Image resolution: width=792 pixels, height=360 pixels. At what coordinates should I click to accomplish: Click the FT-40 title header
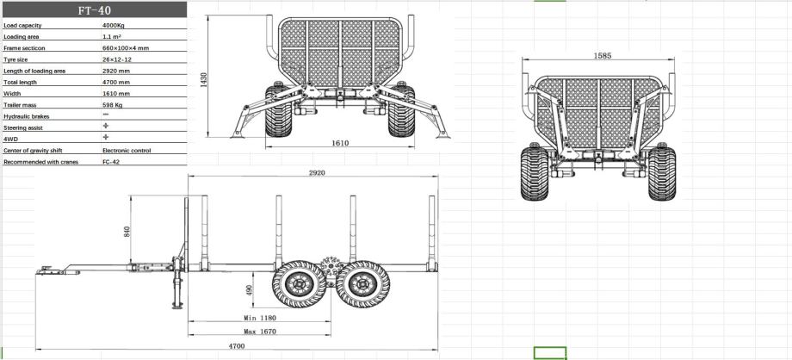point(95,9)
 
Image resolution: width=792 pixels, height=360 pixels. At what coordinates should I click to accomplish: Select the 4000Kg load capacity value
point(113,25)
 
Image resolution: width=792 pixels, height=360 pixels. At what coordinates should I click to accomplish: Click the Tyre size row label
point(15,59)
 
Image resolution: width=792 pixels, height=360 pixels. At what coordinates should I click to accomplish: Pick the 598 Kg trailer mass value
point(112,105)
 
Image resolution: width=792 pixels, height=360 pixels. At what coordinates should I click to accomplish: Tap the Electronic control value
point(127,150)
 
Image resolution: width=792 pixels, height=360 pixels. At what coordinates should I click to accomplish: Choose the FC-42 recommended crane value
point(111,162)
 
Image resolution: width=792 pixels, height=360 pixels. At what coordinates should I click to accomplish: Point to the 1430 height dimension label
point(203,80)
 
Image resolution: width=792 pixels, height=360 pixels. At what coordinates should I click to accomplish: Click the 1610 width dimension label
point(340,143)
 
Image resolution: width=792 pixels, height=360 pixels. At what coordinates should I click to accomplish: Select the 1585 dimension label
point(602,56)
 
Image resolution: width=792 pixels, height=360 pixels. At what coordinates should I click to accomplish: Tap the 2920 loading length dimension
point(317,172)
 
